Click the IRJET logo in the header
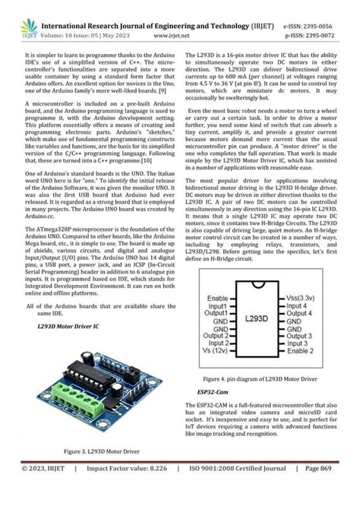click(x=29, y=29)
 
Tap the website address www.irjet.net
click(x=181, y=36)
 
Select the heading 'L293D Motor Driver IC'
click(x=68, y=325)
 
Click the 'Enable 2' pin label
click(x=300, y=351)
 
